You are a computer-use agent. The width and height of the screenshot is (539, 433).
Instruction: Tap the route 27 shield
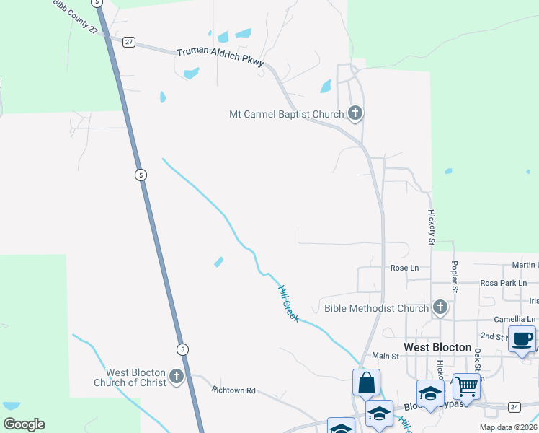(128, 42)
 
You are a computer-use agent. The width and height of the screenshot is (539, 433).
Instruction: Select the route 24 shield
(514, 407)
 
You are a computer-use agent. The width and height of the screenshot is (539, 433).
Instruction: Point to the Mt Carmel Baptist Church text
(286, 114)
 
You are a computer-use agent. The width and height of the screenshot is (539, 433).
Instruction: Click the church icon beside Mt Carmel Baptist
(355, 113)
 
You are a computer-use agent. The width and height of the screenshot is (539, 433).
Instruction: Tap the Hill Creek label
(289, 302)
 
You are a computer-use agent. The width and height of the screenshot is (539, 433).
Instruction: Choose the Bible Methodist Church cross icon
(440, 308)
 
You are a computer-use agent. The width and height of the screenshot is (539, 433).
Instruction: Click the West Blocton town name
(437, 347)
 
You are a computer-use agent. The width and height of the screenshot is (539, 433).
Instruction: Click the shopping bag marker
(366, 382)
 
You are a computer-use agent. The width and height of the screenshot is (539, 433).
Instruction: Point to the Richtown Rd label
(233, 390)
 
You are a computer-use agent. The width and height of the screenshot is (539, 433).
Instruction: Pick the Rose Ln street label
(404, 268)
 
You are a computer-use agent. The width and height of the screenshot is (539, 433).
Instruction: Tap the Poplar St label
(455, 277)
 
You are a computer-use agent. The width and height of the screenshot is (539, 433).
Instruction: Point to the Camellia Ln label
(514, 319)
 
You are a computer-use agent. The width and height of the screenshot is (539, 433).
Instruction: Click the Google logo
(24, 424)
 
